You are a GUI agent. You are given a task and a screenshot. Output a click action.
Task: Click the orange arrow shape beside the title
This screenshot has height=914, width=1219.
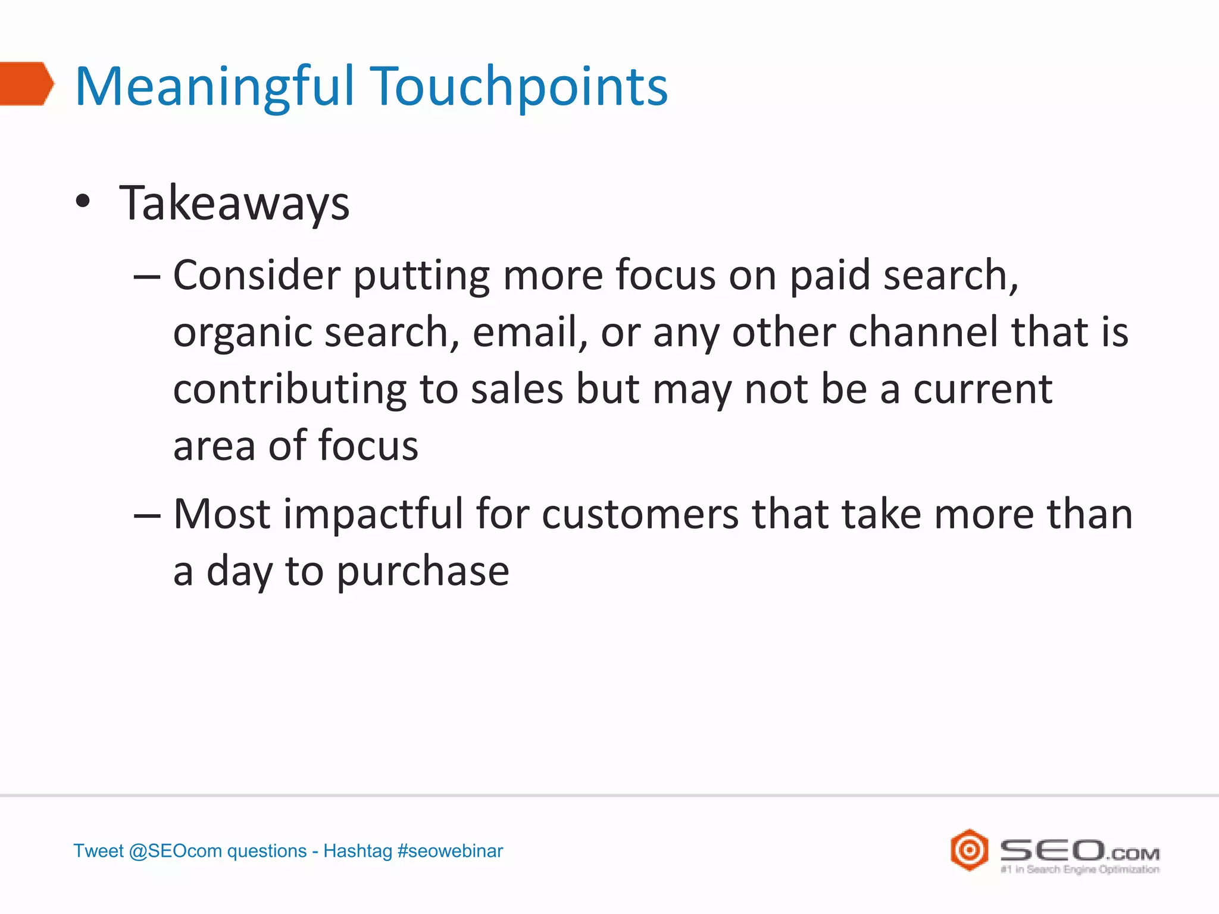25,84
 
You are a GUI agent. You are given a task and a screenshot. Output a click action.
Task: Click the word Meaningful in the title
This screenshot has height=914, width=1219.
215,87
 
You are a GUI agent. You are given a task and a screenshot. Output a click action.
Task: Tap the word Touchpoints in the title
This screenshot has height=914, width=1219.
518,87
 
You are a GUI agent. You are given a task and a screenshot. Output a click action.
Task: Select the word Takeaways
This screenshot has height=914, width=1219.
235,204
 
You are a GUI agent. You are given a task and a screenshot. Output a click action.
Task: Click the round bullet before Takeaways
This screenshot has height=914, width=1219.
83,202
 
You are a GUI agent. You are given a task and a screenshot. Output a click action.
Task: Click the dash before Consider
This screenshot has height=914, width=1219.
147,277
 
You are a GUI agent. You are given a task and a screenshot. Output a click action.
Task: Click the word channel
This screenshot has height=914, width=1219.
923,331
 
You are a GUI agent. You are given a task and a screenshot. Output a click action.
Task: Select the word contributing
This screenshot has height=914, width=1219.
290,389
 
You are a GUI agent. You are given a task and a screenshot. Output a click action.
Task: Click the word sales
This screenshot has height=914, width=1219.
517,389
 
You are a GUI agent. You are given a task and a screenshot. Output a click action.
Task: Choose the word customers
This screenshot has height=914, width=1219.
640,514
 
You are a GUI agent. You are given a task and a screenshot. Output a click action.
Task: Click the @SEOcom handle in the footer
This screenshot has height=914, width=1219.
175,851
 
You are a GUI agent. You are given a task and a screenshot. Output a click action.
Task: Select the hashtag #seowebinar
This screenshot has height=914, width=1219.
450,851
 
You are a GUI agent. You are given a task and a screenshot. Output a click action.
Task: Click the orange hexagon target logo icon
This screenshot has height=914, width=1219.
969,850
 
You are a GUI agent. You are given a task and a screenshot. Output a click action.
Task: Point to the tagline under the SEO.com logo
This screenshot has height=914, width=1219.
1080,869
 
